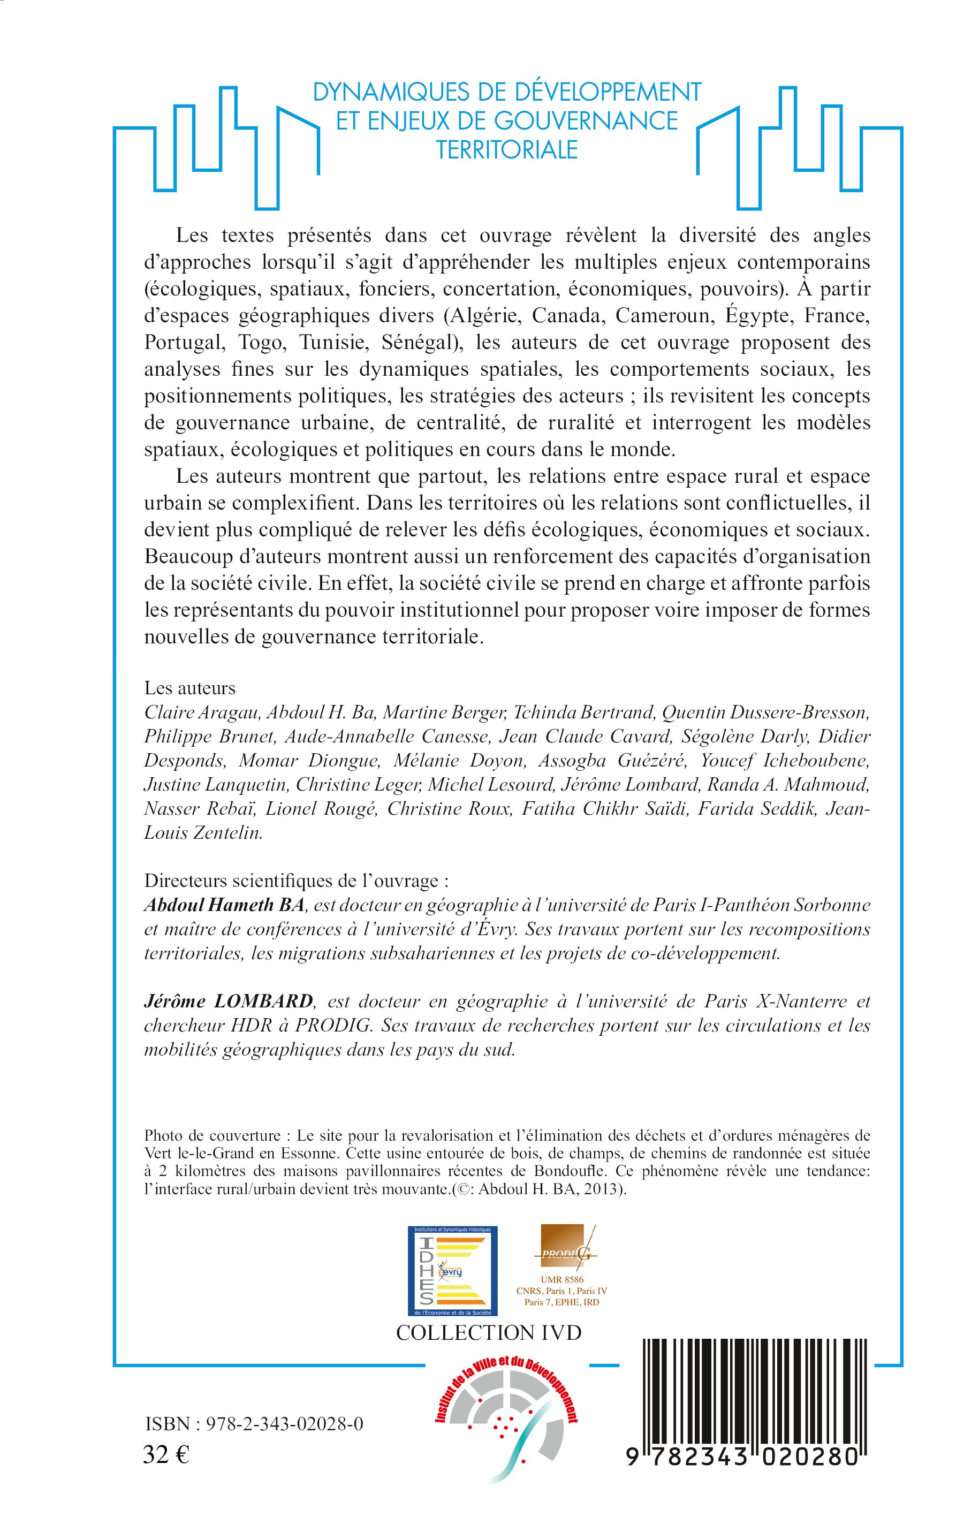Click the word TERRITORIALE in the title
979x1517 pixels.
tap(507, 149)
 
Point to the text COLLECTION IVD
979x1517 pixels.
tap(488, 1333)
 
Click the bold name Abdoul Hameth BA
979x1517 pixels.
tap(225, 905)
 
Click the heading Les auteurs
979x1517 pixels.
tap(189, 688)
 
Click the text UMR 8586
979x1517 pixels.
tap(562, 1279)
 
